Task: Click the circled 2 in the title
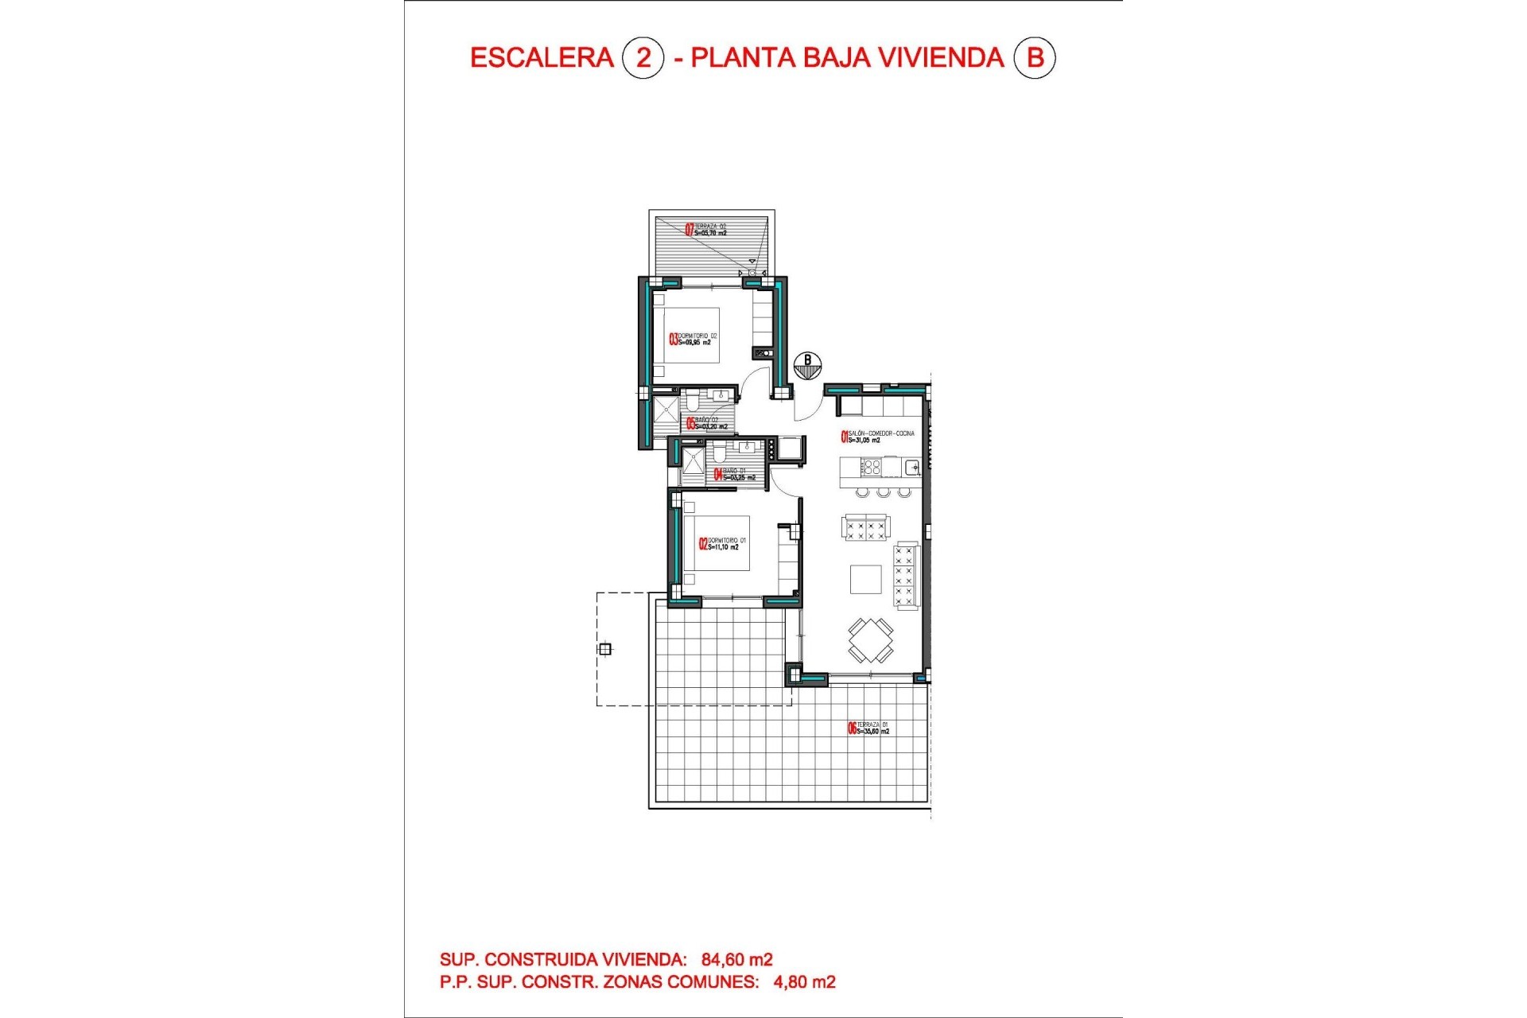(643, 58)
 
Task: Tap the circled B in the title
(1035, 58)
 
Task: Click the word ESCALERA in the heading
(542, 58)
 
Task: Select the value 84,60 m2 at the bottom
(736, 960)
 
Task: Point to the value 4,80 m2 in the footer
(804, 982)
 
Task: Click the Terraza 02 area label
(706, 230)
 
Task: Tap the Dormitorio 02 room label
(694, 340)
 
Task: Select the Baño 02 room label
(707, 423)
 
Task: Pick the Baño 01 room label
(735, 475)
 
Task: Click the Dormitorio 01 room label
(723, 544)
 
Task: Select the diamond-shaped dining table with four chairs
(870, 640)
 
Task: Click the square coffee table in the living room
(865, 579)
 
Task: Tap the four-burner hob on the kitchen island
(871, 466)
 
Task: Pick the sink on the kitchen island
(911, 467)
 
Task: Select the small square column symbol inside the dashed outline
(605, 650)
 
